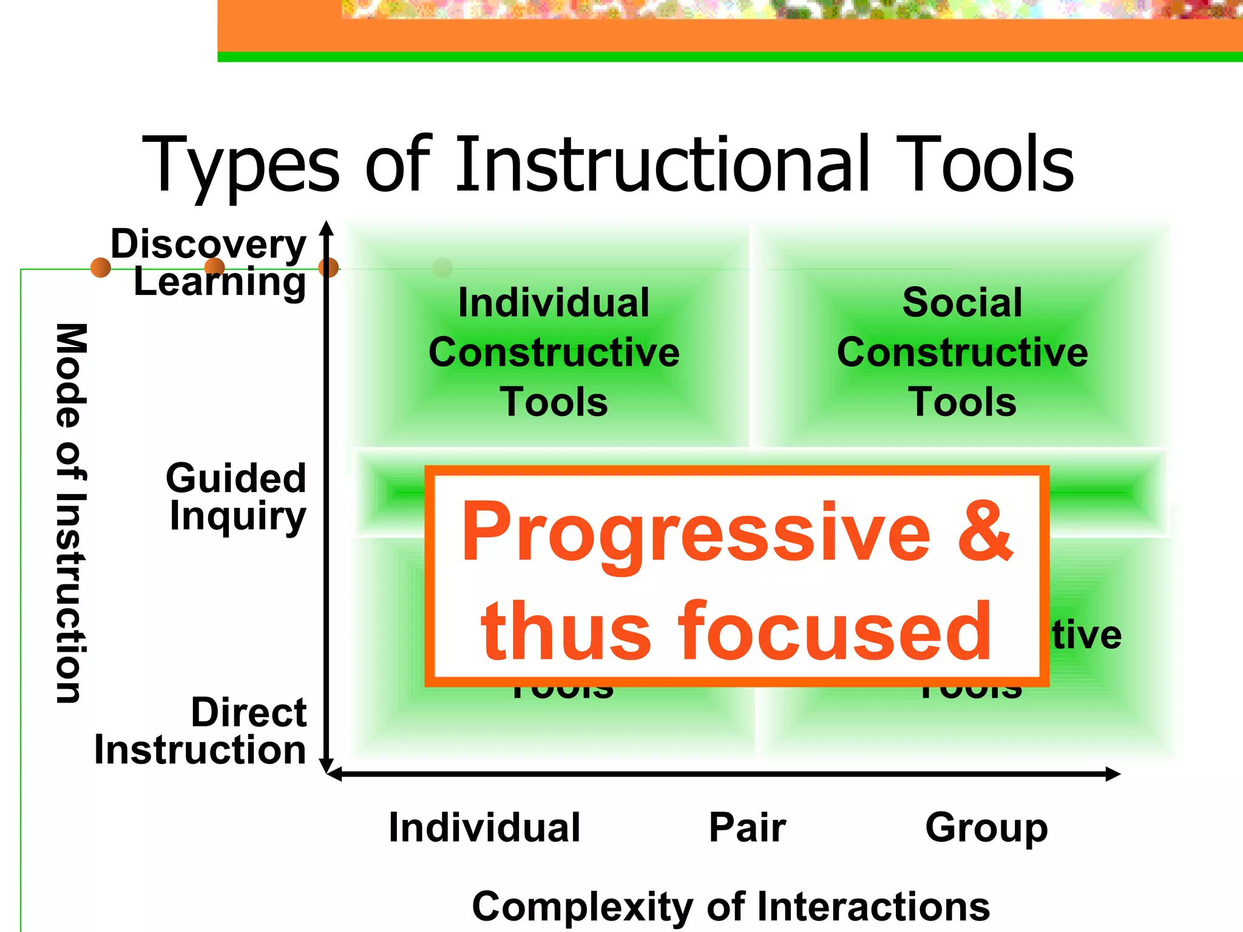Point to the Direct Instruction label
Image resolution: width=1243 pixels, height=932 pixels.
point(200,731)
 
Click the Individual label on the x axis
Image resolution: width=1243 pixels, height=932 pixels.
point(484,828)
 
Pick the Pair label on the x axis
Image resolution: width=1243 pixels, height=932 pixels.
point(747,828)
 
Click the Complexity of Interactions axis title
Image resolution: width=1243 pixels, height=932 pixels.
point(731,907)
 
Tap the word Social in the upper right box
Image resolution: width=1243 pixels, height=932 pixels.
point(962,302)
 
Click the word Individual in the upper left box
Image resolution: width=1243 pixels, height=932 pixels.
point(554,302)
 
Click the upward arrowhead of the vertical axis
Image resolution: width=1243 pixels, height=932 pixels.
point(327,227)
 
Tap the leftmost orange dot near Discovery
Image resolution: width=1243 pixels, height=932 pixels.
point(100,267)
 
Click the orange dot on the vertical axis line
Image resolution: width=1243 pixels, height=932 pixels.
point(328,267)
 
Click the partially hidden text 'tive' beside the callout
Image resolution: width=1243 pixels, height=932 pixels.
point(1086,635)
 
